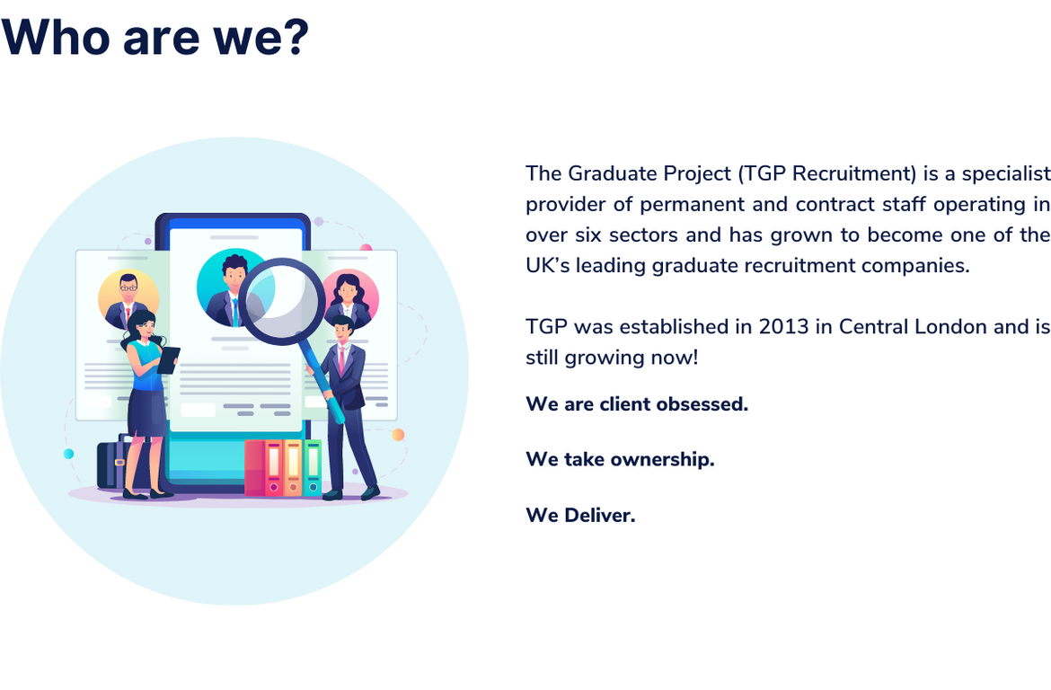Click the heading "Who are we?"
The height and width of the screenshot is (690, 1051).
(x=155, y=37)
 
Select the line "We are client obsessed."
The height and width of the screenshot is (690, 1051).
(x=637, y=404)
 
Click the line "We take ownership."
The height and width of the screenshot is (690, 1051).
(x=620, y=459)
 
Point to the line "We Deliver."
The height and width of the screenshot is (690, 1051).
(x=580, y=515)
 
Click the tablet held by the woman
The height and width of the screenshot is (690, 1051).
(x=168, y=360)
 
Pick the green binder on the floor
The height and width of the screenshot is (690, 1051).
(x=313, y=467)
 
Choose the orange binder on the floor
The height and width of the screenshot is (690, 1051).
(x=293, y=467)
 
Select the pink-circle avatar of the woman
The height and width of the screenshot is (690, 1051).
(x=349, y=298)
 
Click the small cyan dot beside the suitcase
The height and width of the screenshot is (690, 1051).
(x=68, y=454)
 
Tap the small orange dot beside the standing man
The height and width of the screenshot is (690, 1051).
(x=398, y=435)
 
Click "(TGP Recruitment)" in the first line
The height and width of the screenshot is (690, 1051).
(x=827, y=173)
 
